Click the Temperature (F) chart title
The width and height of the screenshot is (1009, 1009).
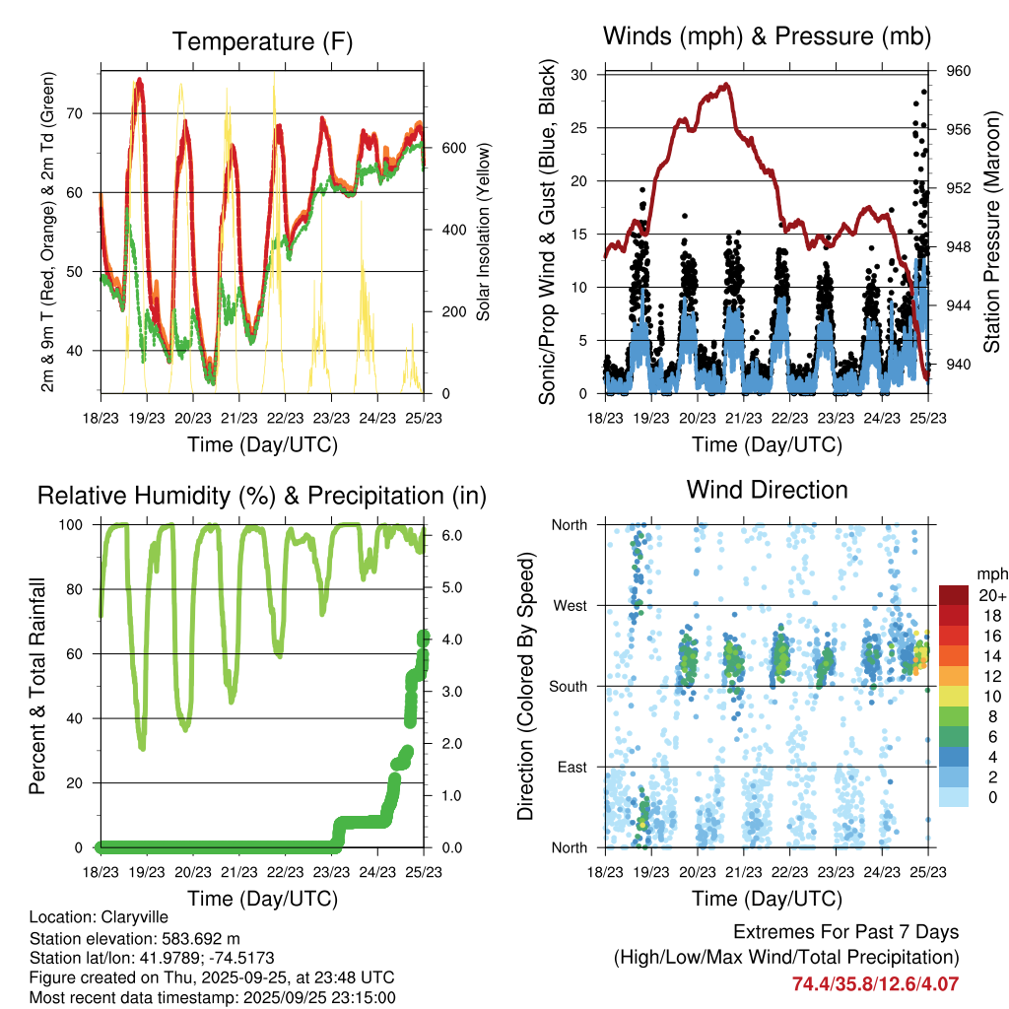(261, 41)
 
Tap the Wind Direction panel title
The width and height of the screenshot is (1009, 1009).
(767, 489)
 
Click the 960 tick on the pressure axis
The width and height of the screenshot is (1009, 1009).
(959, 71)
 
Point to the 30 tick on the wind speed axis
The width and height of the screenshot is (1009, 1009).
(579, 75)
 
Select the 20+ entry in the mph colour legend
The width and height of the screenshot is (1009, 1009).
(989, 595)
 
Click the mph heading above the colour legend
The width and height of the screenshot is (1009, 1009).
(989, 573)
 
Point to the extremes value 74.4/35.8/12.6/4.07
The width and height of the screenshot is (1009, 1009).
(875, 983)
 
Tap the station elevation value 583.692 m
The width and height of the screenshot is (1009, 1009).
(194, 937)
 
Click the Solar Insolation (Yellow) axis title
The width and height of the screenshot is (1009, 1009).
(484, 233)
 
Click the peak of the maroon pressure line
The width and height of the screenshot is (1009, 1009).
(725, 85)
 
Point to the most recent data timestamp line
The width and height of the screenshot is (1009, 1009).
(212, 997)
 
